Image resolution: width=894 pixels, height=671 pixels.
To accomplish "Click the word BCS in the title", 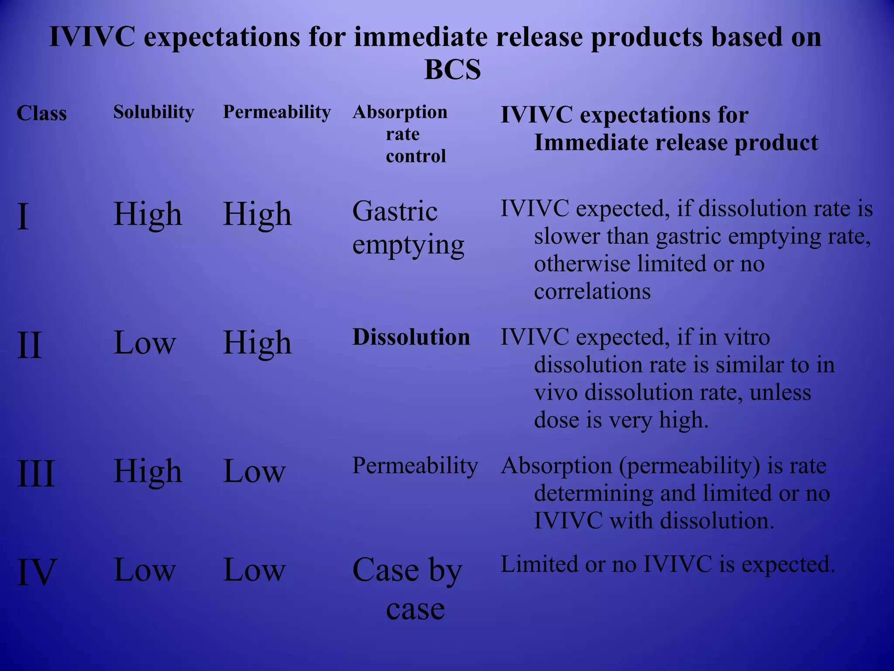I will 452,69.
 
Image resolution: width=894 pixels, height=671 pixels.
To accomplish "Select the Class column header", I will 41,114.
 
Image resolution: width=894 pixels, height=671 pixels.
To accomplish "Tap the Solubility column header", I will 154,112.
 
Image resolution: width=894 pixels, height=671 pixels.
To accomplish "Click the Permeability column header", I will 277,112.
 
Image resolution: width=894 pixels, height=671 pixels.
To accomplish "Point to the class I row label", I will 23,217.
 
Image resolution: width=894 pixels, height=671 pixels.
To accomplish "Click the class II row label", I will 29,345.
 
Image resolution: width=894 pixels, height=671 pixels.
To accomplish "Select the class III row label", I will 36,474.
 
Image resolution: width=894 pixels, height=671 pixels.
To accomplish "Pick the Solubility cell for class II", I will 144,343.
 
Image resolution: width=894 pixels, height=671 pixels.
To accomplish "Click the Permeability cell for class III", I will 254,472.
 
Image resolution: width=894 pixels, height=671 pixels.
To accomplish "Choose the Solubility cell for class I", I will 148,214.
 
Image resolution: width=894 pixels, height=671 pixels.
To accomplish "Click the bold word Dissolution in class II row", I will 411,337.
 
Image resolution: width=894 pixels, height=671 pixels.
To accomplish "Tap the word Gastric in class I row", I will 395,212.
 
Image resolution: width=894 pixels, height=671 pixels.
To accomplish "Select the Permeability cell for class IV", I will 254,570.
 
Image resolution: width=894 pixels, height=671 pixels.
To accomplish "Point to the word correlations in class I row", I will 592,291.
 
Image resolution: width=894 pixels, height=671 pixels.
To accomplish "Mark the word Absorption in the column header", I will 400,112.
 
